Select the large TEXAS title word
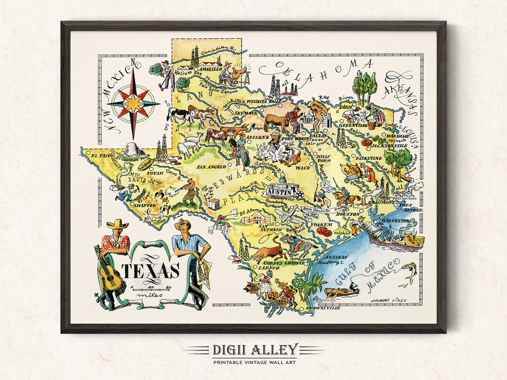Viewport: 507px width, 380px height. coord(151,271)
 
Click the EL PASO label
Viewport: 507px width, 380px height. coord(101,155)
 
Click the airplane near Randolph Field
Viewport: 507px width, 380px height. coord(288,215)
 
